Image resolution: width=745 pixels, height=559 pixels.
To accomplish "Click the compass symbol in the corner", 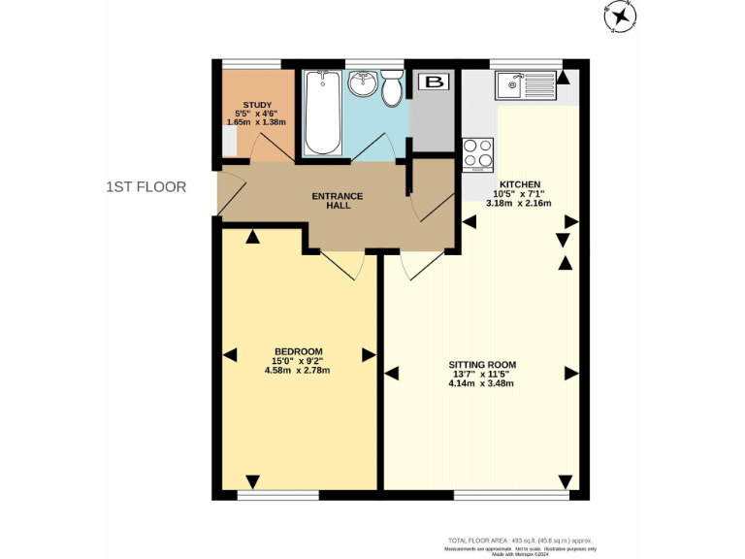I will point(618,16).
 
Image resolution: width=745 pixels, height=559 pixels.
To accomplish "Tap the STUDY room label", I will point(257,105).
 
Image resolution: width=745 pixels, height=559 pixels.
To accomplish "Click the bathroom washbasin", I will point(363,85).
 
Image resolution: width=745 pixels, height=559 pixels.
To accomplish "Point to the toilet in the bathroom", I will point(393,88).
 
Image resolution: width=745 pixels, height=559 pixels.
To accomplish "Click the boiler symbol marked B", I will point(433,82).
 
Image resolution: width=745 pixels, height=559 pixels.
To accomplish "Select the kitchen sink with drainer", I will point(523,86).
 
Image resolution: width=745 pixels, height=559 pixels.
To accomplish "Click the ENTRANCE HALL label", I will point(337,201).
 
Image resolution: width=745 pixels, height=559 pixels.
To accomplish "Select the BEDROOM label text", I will point(299,351).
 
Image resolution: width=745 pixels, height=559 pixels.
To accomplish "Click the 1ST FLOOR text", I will point(146,186).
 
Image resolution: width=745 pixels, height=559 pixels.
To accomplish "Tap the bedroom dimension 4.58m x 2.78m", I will point(299,371).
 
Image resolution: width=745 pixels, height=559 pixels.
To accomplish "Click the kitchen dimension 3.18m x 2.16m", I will point(525,204).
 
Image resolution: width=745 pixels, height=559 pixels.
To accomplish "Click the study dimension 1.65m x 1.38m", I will point(257,122).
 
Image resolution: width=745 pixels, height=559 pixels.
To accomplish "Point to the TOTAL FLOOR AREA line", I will point(520,540).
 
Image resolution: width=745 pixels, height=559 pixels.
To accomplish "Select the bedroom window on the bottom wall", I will point(278,496).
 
